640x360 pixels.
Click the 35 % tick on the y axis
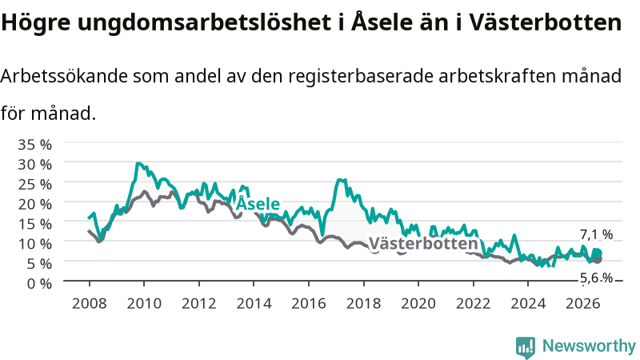tap(34, 145)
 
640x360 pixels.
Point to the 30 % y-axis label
tap(34, 165)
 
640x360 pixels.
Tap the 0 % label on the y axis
tap(39, 283)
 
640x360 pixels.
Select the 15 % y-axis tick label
tap(34, 224)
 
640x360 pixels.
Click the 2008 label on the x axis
tap(90, 304)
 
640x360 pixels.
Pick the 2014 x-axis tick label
tap(254, 304)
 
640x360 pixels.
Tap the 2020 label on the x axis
tap(418, 304)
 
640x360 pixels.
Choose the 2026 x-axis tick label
tap(583, 304)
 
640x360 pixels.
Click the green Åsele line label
tap(258, 203)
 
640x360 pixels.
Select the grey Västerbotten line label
tap(423, 243)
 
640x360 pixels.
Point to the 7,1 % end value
tap(596, 234)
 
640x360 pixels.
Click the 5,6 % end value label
tap(596, 278)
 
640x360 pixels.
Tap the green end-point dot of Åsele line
tap(598, 254)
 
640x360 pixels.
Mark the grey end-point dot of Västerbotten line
tap(598, 259)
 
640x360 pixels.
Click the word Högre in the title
tap(36, 23)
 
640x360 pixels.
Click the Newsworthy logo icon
tap(526, 347)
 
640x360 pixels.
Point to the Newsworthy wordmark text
tap(589, 346)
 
